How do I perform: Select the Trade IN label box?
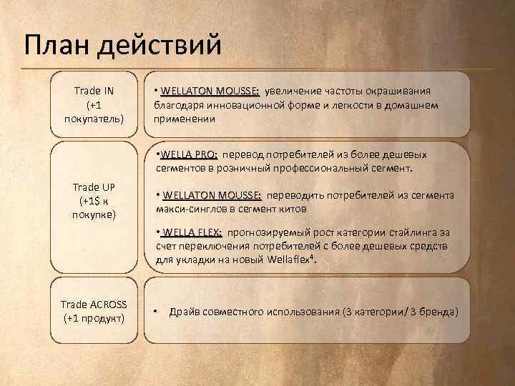[94, 104]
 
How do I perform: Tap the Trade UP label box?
[94, 201]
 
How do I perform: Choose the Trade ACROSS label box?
[94, 311]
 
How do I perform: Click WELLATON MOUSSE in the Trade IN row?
[210, 91]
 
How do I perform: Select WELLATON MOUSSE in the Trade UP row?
[212, 195]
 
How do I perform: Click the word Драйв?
[187, 312]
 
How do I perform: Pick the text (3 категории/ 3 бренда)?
[400, 312]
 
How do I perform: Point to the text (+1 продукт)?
[94, 317]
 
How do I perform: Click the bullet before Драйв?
[156, 312]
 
